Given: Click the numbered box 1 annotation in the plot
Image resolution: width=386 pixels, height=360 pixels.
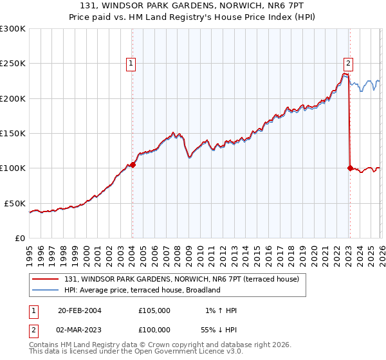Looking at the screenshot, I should click(x=131, y=63).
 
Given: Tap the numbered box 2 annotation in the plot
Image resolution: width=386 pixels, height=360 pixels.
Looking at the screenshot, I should click(x=348, y=63).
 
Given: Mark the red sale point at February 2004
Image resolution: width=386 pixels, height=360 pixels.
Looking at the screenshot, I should click(x=133, y=165).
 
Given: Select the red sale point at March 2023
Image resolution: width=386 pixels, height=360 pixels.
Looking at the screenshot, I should click(x=350, y=168).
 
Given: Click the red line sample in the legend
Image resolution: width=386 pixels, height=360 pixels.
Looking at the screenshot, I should click(x=46, y=279).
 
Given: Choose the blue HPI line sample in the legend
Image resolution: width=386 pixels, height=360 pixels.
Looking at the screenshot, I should click(x=46, y=290).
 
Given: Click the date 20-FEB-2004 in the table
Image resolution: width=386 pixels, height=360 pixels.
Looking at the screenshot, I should click(x=79, y=310).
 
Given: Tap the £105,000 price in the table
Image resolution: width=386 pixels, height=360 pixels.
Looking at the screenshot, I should click(x=154, y=310).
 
